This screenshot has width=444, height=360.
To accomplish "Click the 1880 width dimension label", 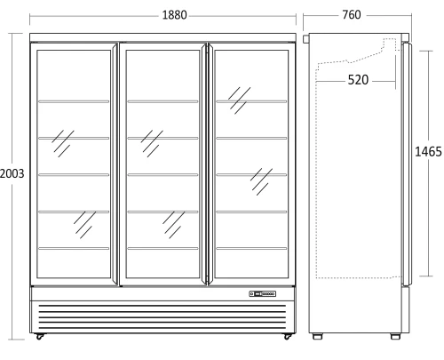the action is [x=174, y=15].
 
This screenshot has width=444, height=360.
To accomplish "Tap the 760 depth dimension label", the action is [x=352, y=14].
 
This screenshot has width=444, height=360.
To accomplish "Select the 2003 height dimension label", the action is [x=12, y=173].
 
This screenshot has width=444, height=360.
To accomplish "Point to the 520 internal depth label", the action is [x=358, y=80].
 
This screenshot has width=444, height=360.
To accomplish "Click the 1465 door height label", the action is [x=428, y=152].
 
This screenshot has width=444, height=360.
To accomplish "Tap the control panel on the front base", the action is [x=263, y=293].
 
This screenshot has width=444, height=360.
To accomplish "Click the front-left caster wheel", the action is [x=39, y=337].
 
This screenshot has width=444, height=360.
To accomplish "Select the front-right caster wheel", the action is [x=287, y=337].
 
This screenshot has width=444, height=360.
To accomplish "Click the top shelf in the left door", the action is [x=74, y=101].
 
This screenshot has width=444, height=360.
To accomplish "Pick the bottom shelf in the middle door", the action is [x=163, y=248].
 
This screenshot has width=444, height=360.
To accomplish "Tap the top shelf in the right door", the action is [x=251, y=101].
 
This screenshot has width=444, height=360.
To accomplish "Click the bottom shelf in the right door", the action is [x=251, y=248].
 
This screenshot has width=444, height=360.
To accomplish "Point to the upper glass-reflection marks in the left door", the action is [x=63, y=143].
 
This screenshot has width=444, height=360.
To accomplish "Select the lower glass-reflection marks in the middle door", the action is [x=173, y=225].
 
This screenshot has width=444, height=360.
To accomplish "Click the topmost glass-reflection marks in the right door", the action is [x=239, y=100].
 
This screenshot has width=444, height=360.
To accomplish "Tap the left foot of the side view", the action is [x=317, y=336].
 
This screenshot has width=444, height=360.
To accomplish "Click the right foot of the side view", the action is [x=395, y=336].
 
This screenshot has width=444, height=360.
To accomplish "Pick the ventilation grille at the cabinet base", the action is [x=163, y=316].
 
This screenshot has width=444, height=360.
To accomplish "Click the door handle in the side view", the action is [x=407, y=164].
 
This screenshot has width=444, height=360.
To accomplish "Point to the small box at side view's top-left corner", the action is [x=305, y=39].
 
